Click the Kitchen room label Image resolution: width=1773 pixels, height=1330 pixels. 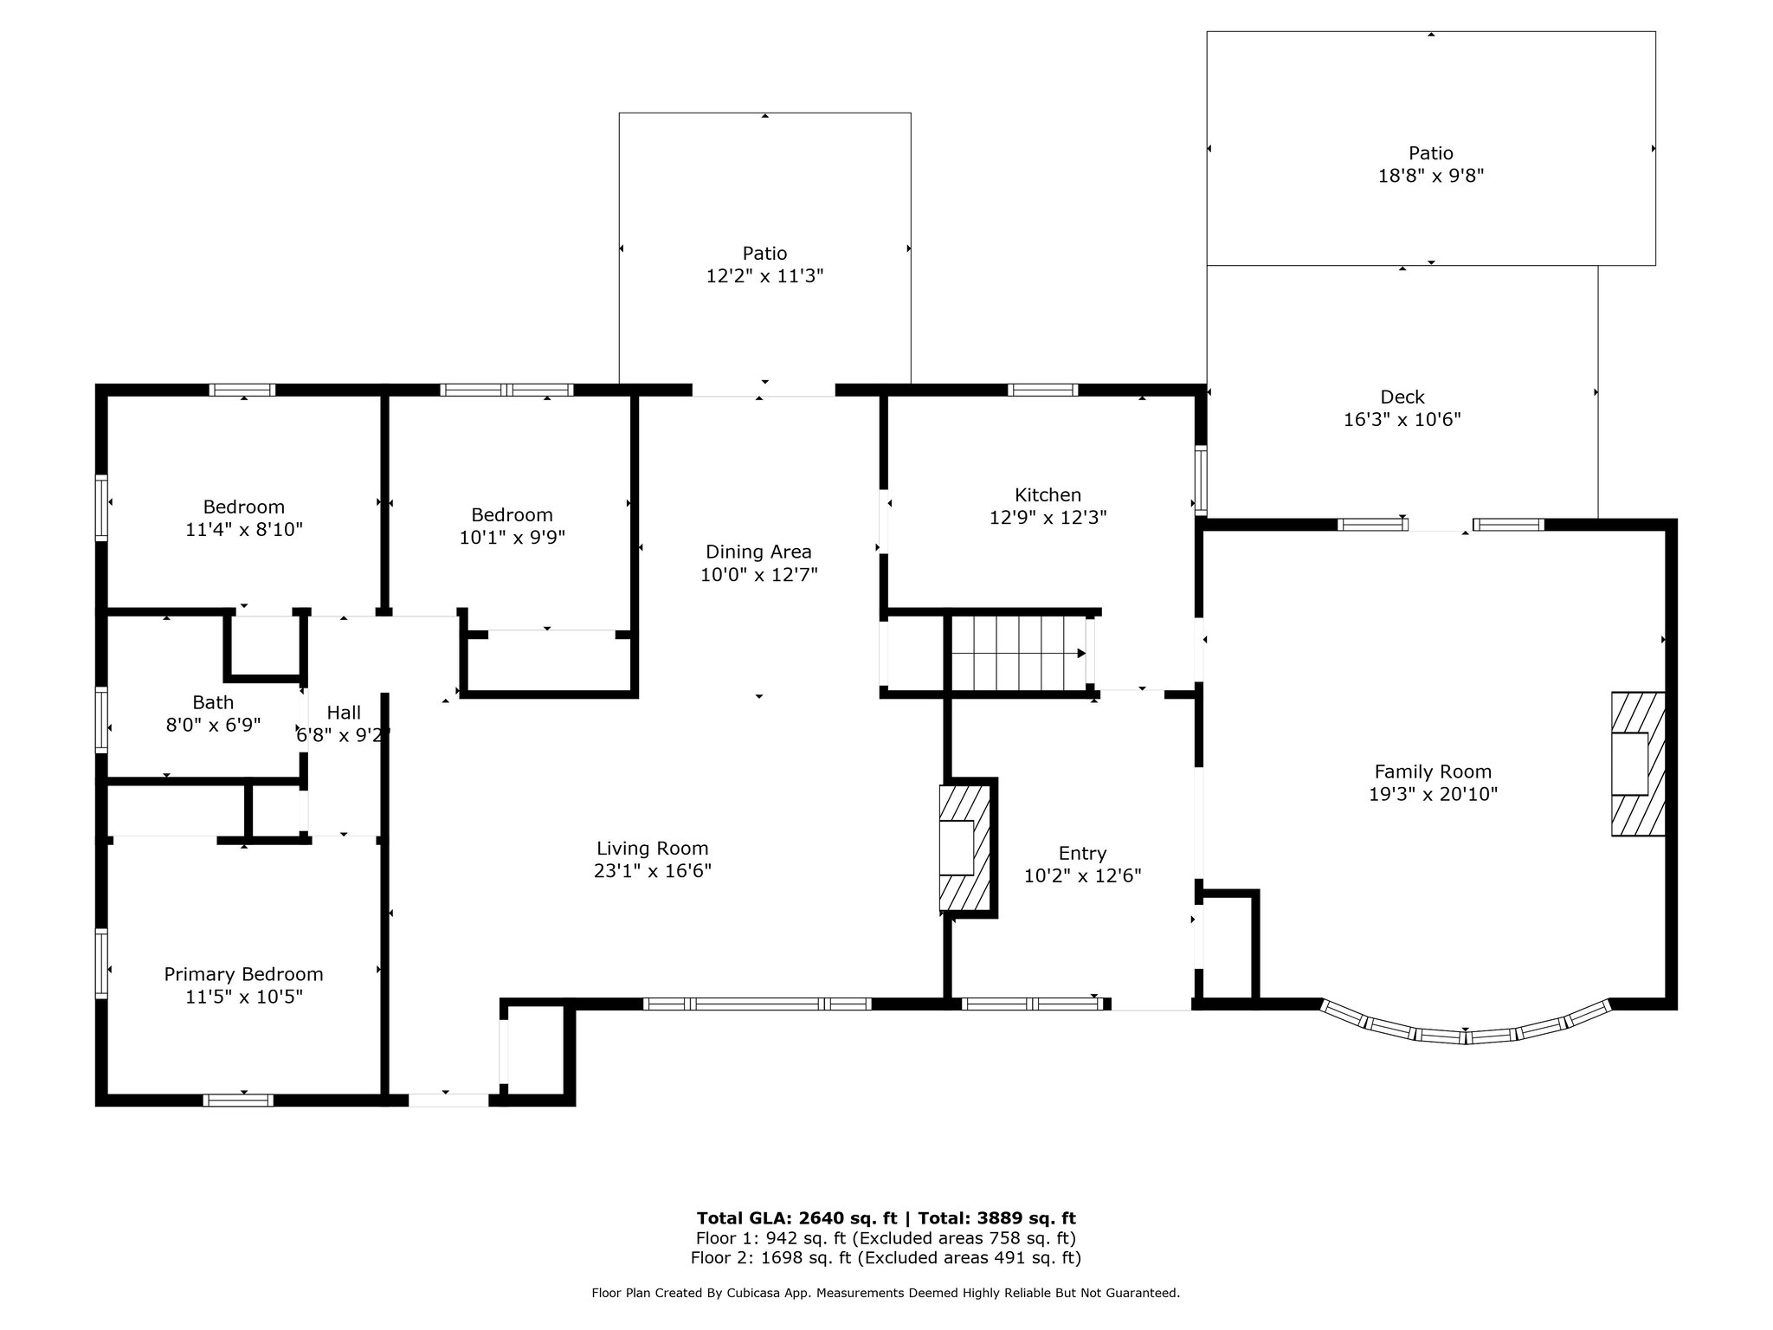point(1048,495)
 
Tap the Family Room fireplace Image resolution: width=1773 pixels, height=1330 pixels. point(1638,764)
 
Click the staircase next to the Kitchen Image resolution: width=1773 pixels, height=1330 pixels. point(1019,653)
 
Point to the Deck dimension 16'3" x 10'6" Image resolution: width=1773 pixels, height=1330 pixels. point(1402,420)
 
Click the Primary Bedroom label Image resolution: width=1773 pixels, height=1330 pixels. point(243,974)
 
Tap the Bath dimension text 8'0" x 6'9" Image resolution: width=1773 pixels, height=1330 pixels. point(213,725)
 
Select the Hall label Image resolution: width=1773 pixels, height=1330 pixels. point(344,713)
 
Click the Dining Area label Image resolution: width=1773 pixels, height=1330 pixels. point(758,552)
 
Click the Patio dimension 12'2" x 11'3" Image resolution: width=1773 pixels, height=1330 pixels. point(764,276)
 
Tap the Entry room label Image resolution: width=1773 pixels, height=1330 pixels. point(1082,853)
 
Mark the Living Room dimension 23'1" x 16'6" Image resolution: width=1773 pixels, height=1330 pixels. point(653,871)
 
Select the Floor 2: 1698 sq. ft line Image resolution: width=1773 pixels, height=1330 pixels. point(886,1258)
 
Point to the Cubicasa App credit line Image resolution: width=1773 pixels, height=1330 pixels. point(886,1294)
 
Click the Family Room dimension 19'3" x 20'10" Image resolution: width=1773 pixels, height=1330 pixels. point(1433,794)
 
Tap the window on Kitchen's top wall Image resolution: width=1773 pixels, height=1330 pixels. point(1043,390)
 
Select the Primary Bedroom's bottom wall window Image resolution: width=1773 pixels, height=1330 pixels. point(238,1101)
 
